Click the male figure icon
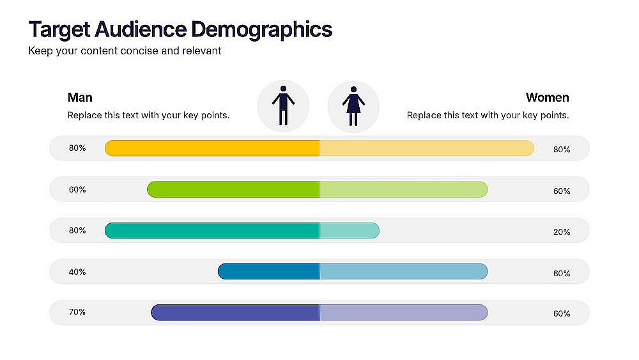click(283, 106)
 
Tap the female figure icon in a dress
click(353, 106)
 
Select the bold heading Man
click(80, 97)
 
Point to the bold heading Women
click(547, 97)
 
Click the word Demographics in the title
click(261, 30)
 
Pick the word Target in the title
click(59, 30)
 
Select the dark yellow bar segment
click(212, 148)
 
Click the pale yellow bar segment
click(427, 148)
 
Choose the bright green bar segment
click(233, 189)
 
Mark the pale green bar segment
click(403, 189)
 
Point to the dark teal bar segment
click(212, 231)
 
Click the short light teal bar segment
click(350, 231)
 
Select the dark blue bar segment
click(268, 272)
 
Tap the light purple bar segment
click(403, 313)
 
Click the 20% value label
click(562, 232)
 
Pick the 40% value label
click(77, 272)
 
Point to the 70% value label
click(77, 312)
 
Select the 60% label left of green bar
click(77, 189)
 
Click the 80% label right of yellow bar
click(562, 150)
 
